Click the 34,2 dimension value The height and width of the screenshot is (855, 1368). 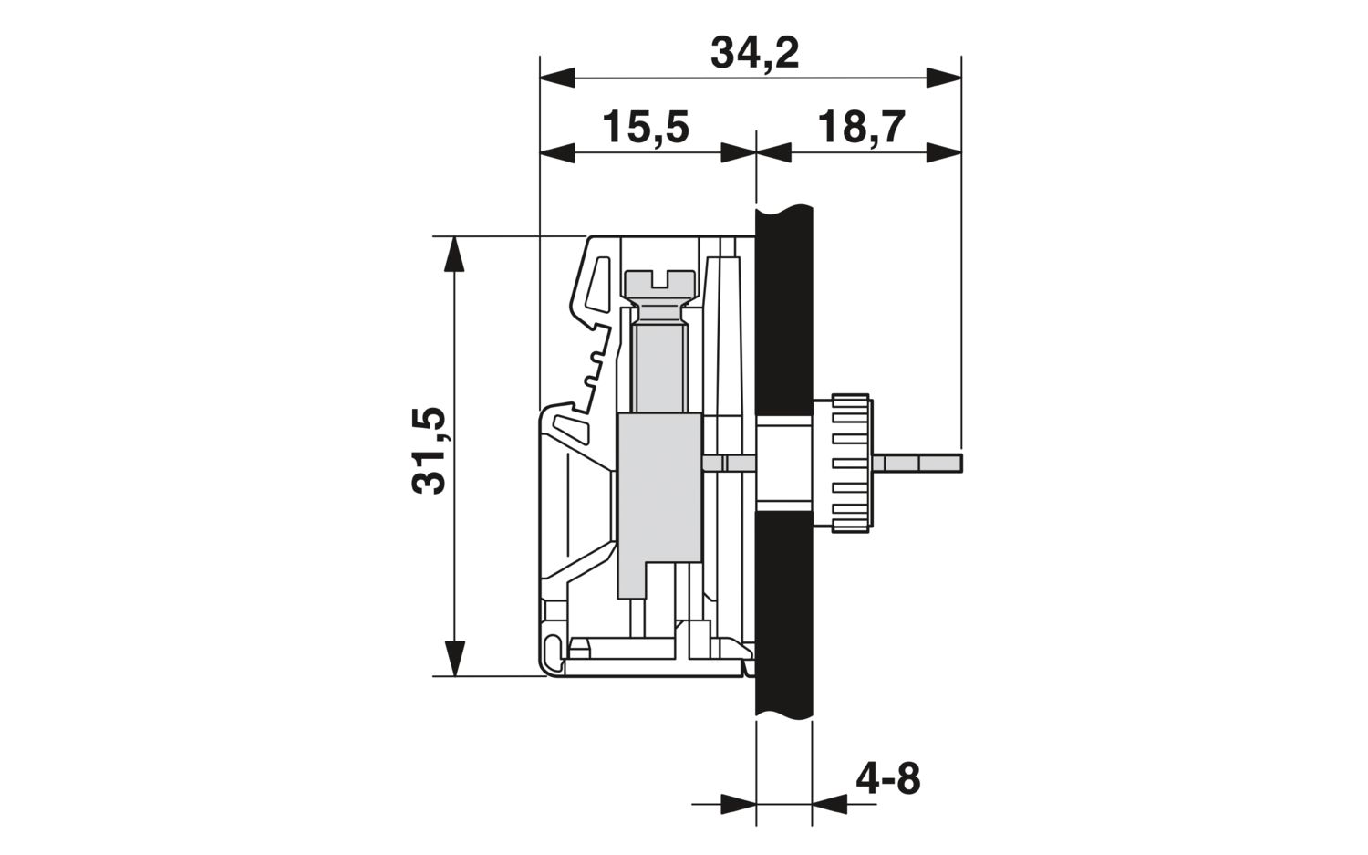(x=755, y=55)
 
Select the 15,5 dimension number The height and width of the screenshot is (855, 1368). (x=646, y=128)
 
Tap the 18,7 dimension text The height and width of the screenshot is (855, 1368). (x=861, y=128)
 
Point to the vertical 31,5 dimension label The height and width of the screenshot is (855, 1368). (x=430, y=451)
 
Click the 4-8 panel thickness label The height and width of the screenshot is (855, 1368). (x=888, y=778)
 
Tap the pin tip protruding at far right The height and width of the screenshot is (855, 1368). (x=960, y=463)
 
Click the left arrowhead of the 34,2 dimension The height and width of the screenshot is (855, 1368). (x=557, y=78)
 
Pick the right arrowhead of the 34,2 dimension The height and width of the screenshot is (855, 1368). (x=944, y=78)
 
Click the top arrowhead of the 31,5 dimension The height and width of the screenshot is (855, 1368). (x=454, y=254)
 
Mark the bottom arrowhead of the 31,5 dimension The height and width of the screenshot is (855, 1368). (x=454, y=659)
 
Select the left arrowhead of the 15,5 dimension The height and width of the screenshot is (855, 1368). (x=557, y=152)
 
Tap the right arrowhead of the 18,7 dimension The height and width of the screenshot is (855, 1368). (x=944, y=152)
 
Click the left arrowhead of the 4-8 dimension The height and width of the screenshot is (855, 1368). (x=739, y=804)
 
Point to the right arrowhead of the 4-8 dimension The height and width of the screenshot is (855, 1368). (x=830, y=804)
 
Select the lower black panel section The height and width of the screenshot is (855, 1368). (x=784, y=613)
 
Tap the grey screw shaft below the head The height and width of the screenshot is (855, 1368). (x=659, y=367)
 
